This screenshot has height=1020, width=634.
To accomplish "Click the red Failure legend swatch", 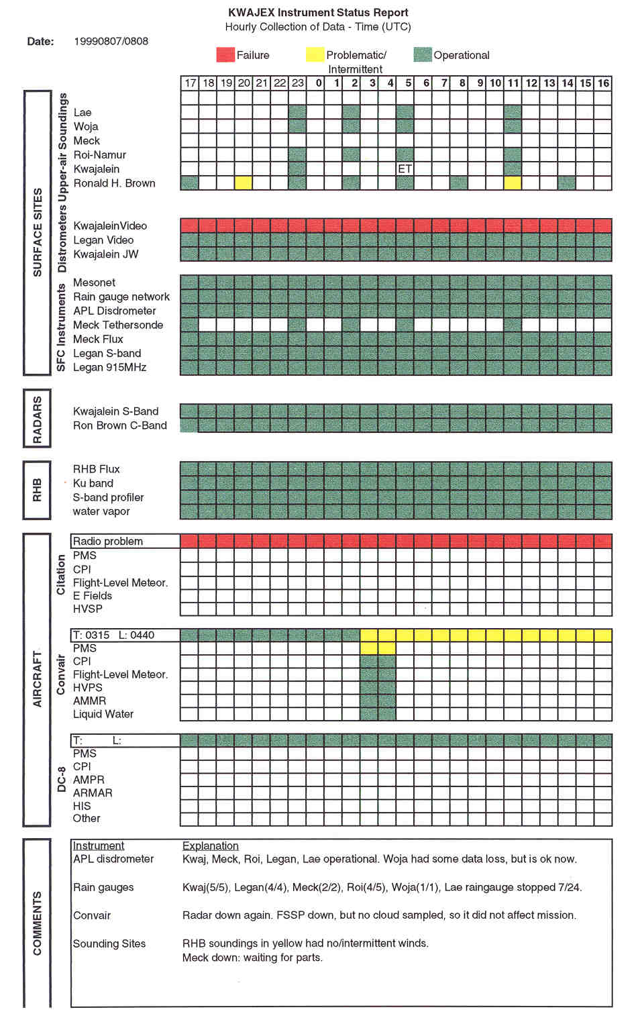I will click(225, 55).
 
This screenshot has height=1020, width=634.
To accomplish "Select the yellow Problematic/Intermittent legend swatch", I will click(315, 55).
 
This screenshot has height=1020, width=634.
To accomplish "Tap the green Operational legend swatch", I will click(423, 55).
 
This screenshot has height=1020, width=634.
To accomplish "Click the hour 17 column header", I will click(190, 83).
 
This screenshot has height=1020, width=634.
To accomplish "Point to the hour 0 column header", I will click(319, 83).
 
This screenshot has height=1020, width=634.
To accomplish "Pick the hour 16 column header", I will click(603, 83).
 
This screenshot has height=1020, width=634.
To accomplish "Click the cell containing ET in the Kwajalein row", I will click(405, 168).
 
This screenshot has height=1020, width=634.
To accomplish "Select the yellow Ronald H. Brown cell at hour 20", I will click(244, 183).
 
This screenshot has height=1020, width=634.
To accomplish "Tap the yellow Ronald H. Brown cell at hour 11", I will click(513, 183).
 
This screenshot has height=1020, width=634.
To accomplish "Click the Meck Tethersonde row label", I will click(118, 325).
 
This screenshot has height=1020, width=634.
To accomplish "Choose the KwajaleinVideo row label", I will click(110, 225).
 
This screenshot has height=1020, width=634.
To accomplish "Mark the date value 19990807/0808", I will click(111, 41).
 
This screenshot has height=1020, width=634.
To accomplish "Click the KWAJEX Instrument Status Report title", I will click(318, 12).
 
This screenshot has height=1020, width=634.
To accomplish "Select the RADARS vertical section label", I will click(37, 419).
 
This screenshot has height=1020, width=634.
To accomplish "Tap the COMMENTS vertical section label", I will click(37, 923).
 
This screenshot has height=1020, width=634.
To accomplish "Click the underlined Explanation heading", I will click(211, 846).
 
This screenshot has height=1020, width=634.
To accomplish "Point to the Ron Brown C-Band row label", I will click(120, 425).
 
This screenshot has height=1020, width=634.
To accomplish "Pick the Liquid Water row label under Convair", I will click(103, 714).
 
